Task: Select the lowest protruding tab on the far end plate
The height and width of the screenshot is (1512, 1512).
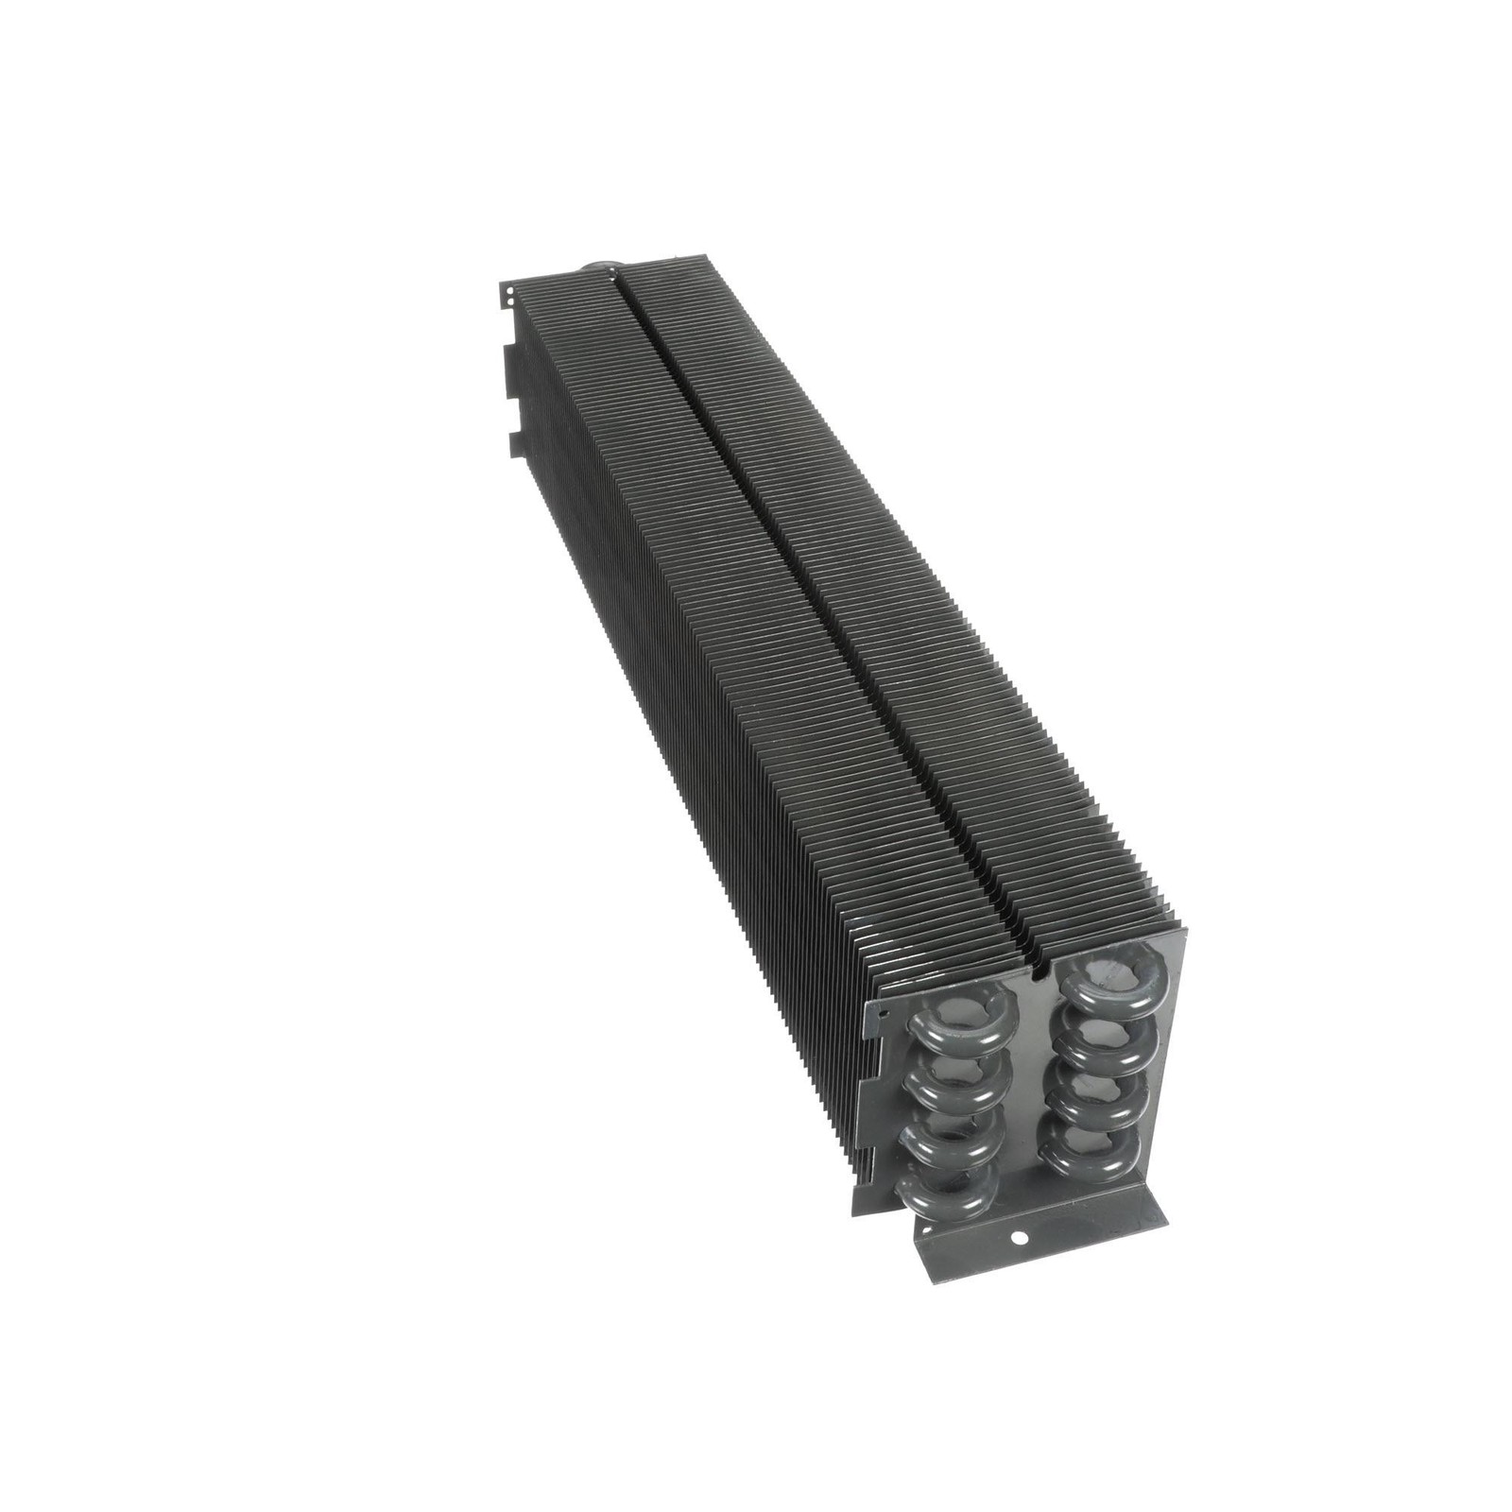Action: click(512, 442)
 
